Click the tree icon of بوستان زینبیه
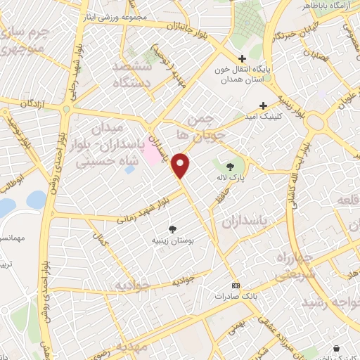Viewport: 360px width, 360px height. tap(173, 229)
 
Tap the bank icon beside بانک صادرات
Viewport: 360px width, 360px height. tap(235, 285)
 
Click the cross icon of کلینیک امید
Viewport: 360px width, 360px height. tap(262, 105)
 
